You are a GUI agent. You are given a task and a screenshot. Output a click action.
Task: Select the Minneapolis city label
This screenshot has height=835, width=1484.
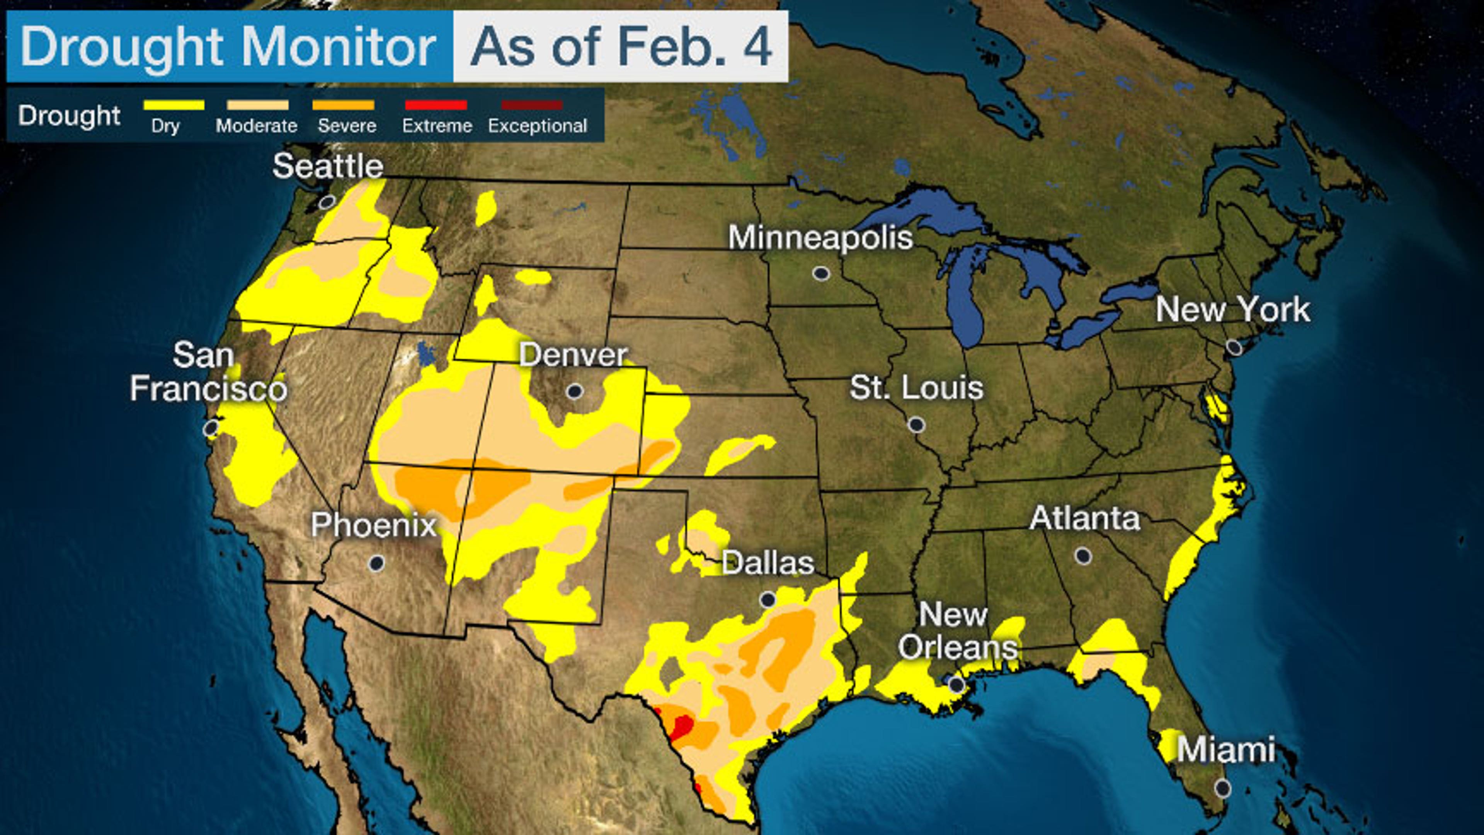point(820,237)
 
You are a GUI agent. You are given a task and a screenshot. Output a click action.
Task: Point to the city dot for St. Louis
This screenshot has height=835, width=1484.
point(917,425)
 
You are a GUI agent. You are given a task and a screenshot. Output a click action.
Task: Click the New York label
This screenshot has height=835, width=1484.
point(1233,310)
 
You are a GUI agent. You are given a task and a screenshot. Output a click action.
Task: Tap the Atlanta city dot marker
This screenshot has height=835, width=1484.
point(1083,556)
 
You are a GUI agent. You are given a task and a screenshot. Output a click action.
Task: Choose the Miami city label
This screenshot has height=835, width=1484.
point(1225,750)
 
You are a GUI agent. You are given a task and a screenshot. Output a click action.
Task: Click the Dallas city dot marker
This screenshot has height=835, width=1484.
point(768,600)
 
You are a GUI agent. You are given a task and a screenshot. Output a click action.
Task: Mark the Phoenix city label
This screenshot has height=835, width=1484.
point(373,525)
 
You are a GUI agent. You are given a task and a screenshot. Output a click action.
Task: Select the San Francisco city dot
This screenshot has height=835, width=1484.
point(211,428)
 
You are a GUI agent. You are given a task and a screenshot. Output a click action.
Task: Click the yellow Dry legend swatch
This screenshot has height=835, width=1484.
point(174,105)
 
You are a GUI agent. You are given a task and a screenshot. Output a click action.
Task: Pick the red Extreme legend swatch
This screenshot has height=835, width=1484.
point(436,105)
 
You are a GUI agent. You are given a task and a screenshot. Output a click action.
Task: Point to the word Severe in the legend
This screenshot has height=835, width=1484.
point(347,126)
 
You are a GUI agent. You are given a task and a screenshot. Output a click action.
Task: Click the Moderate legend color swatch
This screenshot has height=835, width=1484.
point(257,105)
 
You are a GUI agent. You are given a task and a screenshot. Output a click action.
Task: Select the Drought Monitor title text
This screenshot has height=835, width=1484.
point(228,46)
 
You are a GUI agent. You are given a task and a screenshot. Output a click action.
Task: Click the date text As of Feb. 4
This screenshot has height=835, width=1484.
point(620,46)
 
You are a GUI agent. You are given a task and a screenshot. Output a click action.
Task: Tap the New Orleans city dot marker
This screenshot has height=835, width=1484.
point(956,685)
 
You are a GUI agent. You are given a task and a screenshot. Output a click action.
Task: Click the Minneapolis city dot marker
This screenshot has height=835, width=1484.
point(821,273)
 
